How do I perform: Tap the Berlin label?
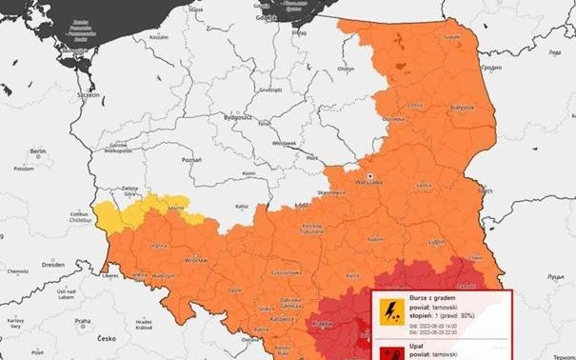pyautogui.click(x=38, y=150)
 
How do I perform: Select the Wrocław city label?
pyautogui.click(x=197, y=259)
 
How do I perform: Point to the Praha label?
pyautogui.click(x=82, y=320)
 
